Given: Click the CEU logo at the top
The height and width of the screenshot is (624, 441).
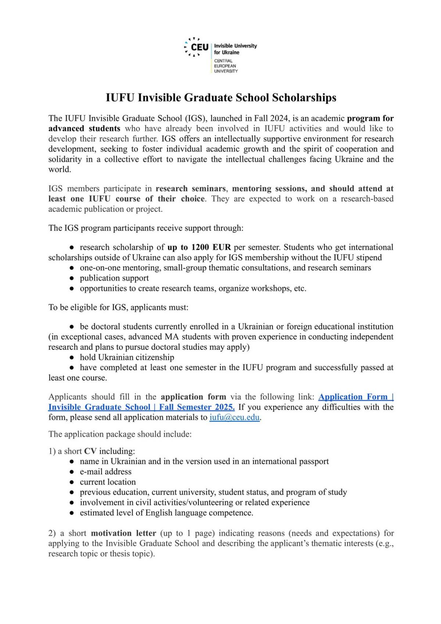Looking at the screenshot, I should pos(196,47).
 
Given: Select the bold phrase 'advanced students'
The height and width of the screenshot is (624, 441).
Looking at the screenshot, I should pos(84,128).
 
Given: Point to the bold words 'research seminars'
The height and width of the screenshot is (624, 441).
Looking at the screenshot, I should pos(190,189).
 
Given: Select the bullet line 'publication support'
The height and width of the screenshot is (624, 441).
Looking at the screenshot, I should pos(114,278).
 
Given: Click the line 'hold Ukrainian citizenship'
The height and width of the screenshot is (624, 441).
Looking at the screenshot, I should pos(127,357).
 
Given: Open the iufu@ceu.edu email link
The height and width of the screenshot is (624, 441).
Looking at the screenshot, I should pos(234,418).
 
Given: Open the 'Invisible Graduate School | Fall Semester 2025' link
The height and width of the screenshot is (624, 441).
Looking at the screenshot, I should pos(141,407).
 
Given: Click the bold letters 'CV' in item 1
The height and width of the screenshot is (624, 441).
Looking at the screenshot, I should pos(90,451).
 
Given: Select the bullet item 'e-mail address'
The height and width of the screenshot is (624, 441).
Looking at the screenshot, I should pos(105,472).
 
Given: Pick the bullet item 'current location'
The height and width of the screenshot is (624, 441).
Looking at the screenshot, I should pos(108,482).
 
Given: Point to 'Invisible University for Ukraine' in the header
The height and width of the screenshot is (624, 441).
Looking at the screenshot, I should pos(235,49).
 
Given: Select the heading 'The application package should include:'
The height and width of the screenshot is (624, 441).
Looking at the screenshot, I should pos(120,434).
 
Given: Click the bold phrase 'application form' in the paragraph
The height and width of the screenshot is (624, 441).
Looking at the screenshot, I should pos(193,397).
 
